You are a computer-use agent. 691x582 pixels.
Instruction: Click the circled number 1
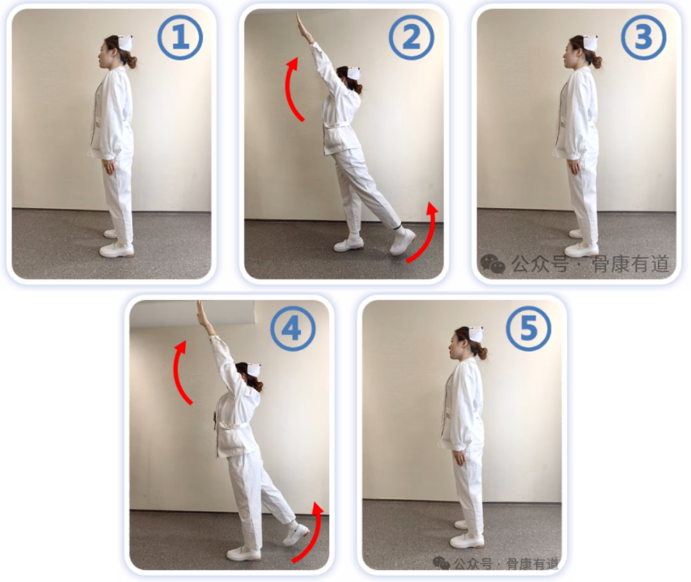pos(180,38)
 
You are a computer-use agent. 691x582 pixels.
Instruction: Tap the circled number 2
pos(411,38)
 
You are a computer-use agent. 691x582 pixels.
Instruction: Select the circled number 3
pos(644,38)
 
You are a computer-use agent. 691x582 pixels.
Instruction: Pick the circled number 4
pos(293,328)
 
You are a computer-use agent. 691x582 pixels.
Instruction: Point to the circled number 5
pos(528,328)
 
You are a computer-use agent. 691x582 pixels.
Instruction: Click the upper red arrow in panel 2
pos(289,90)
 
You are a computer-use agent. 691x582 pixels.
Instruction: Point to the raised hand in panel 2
pos(304,26)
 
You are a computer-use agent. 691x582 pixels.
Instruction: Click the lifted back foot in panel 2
pos(402,241)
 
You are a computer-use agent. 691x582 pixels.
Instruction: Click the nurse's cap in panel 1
pos(126,43)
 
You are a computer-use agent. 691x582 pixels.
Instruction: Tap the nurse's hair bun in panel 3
pos(597,61)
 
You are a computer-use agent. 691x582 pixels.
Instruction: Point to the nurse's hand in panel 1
pos(108,167)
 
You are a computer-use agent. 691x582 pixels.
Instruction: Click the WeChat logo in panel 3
pos(493,264)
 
